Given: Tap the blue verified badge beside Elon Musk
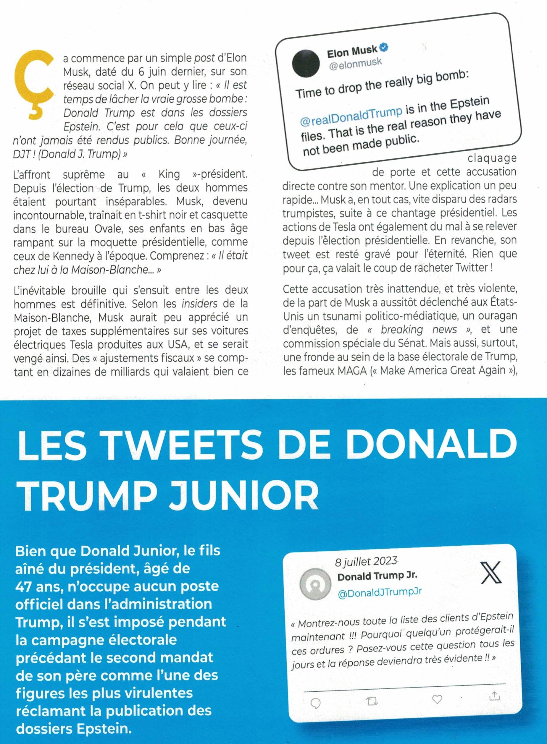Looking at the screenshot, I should pos(384,48).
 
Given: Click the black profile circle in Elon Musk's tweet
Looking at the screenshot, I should pos(306,63).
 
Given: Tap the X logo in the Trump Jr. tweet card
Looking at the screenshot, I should pos(491,573).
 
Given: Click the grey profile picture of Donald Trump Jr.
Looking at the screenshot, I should pos(315,584).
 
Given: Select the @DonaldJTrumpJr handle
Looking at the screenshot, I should pos(380,592).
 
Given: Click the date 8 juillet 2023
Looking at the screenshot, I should pos(366,562).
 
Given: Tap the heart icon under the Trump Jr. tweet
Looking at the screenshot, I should pos(437,699).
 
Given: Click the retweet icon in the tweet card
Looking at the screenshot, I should pos(372,701).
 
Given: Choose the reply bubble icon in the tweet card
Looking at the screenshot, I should pos(315,703).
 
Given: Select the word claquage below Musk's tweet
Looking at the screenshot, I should pos(492,158).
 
